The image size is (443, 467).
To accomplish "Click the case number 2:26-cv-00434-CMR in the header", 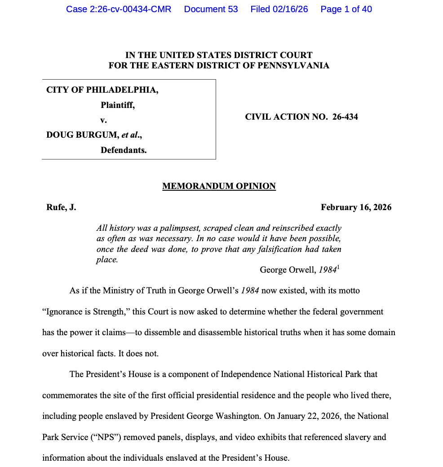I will click(119, 9).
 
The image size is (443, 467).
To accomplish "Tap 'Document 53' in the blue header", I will click(211, 9).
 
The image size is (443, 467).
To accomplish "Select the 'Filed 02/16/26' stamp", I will click(279, 9).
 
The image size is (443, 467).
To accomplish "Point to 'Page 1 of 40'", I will click(346, 9).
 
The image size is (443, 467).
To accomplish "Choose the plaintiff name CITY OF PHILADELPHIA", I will click(102, 90).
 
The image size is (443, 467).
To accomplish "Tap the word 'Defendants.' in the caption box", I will click(124, 150).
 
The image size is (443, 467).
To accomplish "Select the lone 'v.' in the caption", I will click(103, 120).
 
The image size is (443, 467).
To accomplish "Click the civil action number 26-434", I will click(345, 117).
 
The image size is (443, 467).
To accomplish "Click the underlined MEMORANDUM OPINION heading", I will click(219, 186).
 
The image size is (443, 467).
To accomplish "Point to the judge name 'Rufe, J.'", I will click(61, 207).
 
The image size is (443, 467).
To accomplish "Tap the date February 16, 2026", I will click(356, 207).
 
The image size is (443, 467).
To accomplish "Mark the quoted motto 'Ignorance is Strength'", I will click(83, 312).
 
